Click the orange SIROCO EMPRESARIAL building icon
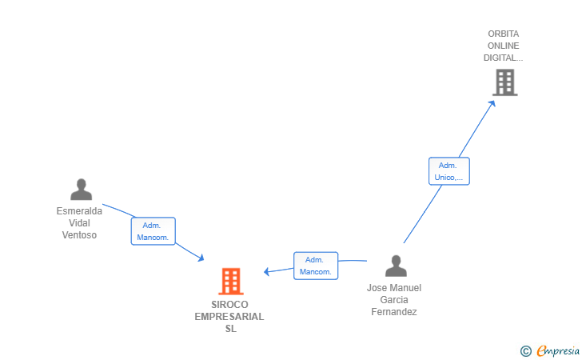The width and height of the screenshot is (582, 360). (x=230, y=281)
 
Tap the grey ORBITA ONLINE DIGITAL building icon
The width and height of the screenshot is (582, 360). (x=504, y=82)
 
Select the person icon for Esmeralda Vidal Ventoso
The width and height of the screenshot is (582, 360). (x=81, y=190)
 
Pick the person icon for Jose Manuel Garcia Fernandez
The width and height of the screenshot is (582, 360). (x=395, y=266)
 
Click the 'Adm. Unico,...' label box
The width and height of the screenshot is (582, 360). (x=448, y=171)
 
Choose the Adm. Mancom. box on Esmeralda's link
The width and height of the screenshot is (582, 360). (x=153, y=231)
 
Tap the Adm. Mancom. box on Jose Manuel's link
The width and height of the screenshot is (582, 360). (x=316, y=266)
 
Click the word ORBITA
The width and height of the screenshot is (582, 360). (x=504, y=34)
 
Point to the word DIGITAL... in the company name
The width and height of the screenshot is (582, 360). (x=504, y=58)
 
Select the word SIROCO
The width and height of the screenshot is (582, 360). (x=230, y=305)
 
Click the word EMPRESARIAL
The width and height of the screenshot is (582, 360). (x=229, y=317)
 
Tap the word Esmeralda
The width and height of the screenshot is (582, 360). (x=79, y=211)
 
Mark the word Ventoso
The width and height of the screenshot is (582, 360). (x=79, y=235)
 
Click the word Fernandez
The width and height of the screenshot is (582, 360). (x=394, y=312)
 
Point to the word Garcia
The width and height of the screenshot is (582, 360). (x=394, y=300)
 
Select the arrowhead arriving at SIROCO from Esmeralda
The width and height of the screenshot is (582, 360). (x=201, y=258)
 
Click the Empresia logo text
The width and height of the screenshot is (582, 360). (x=558, y=350)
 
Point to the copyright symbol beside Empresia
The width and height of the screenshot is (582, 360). (x=525, y=350)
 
